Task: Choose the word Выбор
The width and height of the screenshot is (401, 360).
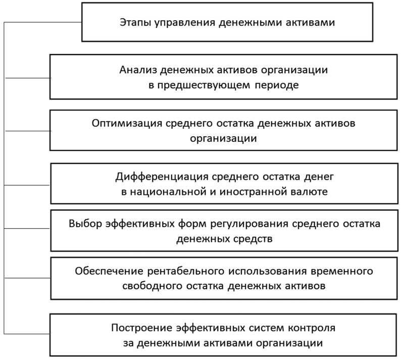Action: point(84,224)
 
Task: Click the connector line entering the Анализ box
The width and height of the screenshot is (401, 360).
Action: point(27,78)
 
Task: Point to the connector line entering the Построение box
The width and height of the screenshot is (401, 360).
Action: point(27,334)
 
